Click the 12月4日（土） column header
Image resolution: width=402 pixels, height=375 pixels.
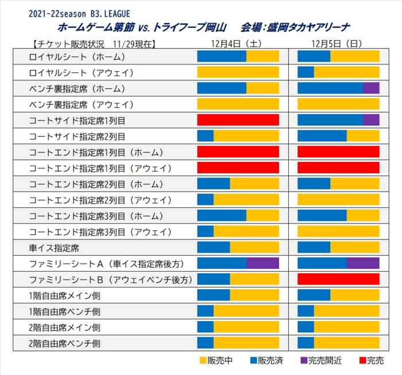(x=237, y=44)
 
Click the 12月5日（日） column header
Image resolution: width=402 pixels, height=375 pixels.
(x=337, y=44)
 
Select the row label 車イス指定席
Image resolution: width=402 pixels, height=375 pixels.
(x=54, y=247)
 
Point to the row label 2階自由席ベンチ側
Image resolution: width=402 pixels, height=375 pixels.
(x=64, y=343)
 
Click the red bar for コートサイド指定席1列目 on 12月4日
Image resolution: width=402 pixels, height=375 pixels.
(x=238, y=119)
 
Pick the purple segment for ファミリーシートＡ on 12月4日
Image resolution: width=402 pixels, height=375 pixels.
(x=262, y=263)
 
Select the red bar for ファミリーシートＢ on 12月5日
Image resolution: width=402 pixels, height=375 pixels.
(x=338, y=279)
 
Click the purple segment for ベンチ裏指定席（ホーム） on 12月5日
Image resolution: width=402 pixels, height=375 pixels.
(x=371, y=88)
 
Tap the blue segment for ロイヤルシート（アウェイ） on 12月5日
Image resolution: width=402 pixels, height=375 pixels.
(x=306, y=72)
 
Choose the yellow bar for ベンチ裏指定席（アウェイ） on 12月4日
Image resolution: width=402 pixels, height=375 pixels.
(x=238, y=104)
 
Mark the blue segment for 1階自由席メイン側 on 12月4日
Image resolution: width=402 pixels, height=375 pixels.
(x=214, y=295)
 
